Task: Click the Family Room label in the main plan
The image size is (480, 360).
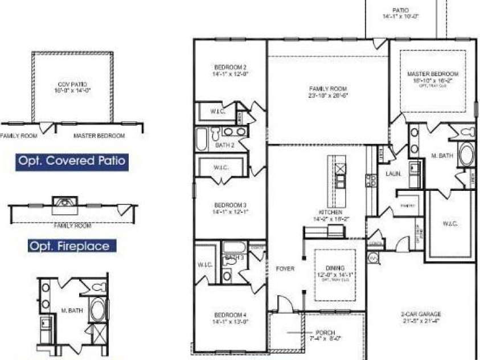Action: click(328, 89)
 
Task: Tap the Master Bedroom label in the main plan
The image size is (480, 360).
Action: click(432, 74)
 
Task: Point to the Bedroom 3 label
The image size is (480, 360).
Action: click(230, 205)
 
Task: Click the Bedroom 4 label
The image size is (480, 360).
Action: click(230, 315)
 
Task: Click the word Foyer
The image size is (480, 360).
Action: click(285, 268)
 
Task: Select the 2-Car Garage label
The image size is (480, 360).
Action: click(420, 314)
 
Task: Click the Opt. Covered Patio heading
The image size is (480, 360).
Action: click(72, 161)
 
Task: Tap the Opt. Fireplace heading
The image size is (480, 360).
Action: click(72, 247)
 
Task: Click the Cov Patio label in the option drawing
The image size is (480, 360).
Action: click(72, 84)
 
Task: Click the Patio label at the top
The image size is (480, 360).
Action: click(401, 10)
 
